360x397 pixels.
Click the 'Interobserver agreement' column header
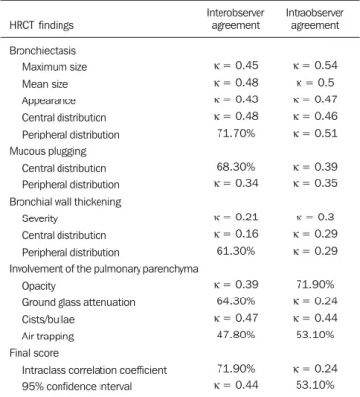click(235, 20)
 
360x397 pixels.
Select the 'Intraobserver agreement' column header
click(314, 20)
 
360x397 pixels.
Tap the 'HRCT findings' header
click(41, 25)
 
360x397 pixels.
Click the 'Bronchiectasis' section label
click(42, 51)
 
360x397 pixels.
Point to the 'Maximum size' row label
click(55, 67)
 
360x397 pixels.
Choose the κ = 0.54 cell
click(315, 65)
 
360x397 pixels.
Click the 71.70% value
click(235, 133)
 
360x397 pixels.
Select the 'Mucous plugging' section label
click(48, 151)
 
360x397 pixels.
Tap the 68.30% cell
click(235, 167)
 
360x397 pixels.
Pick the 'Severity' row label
click(40, 218)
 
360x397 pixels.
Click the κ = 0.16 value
click(235, 234)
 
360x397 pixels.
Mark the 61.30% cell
click(235, 251)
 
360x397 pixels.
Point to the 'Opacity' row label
click(39, 286)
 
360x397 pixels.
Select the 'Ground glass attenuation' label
click(78, 302)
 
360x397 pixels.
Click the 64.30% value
click(235, 301)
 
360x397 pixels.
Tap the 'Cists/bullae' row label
click(49, 319)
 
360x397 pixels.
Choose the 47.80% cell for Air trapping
click(235, 335)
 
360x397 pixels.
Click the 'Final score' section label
click(34, 353)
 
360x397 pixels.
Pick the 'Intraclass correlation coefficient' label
click(95, 370)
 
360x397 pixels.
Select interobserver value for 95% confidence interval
click(235, 385)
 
